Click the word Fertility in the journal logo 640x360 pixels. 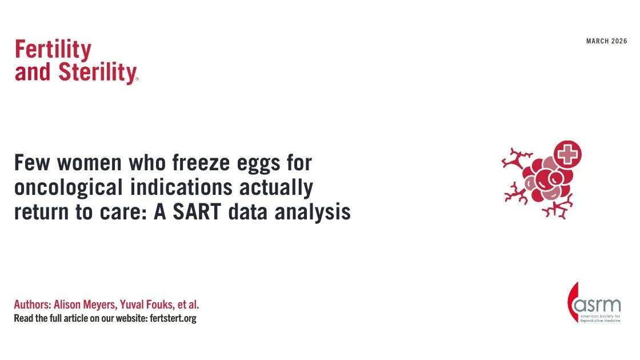point(53,50)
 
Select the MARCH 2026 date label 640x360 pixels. point(606,41)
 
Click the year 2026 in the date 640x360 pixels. point(619,41)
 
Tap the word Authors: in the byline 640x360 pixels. point(32,305)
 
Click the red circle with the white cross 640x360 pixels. point(567,154)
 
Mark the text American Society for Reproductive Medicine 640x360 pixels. point(600,318)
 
